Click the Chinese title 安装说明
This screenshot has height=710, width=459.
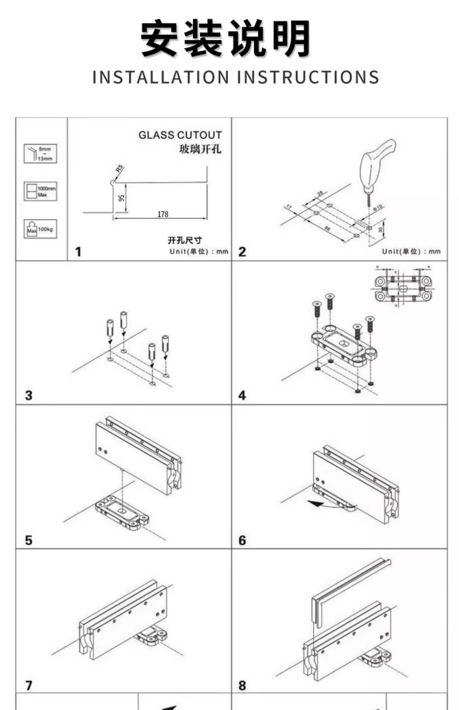pos(226,39)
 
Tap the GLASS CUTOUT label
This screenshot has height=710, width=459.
pos(180,135)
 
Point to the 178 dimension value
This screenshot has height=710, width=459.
pos(163,214)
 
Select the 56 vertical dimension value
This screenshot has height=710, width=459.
pos(121,198)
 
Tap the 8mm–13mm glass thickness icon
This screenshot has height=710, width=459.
pos(40,153)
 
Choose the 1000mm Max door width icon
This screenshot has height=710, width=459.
pos(40,191)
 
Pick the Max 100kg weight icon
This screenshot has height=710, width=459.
pos(40,229)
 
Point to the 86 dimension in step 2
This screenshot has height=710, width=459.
pos(327,229)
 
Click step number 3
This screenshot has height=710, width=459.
pos(29,395)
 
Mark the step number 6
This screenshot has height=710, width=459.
pos(242,540)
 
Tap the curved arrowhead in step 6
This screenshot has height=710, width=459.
pos(316,503)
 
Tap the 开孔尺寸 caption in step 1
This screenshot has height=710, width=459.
pos(185,240)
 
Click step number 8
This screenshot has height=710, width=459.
pos(242,685)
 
